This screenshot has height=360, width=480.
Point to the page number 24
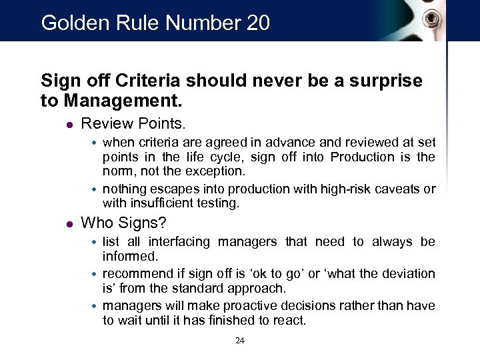(241, 341)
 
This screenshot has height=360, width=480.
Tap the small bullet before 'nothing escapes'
(95, 189)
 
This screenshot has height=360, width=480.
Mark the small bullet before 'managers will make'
(95, 306)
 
